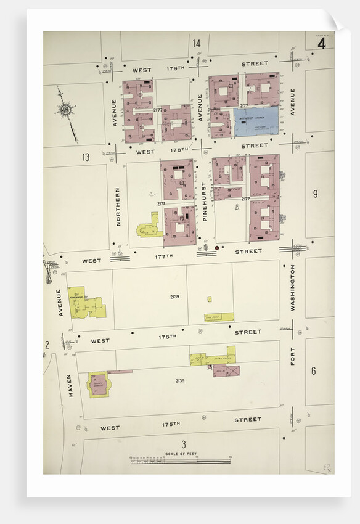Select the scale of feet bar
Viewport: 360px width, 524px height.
[179, 460]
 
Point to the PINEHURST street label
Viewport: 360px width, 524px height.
[205, 202]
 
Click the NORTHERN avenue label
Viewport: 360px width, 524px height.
[117, 207]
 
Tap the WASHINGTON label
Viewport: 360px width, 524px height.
[293, 287]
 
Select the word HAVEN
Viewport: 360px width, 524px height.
[70, 385]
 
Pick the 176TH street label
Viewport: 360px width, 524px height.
[167, 337]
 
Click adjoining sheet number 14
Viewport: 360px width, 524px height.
[196, 43]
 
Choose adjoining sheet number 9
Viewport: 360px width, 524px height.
[315, 194]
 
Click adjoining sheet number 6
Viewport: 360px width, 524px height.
[313, 371]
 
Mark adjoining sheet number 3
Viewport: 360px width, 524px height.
[183, 444]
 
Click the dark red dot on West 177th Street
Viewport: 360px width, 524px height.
[217, 248]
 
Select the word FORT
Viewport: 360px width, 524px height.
[293, 356]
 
